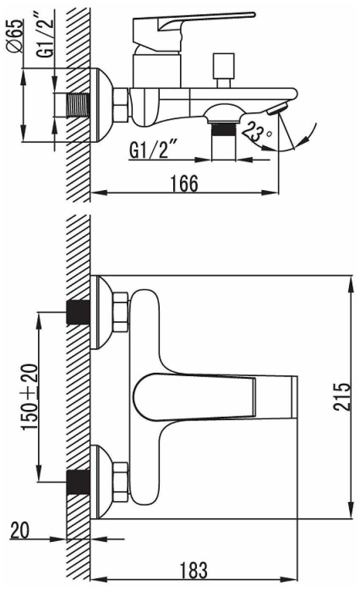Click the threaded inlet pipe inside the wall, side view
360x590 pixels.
[x=78, y=105]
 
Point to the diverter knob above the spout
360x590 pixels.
[x=224, y=70]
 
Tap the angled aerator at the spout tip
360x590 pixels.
[x=278, y=109]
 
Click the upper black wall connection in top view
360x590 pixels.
[x=78, y=312]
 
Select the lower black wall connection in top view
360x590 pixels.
[x=78, y=482]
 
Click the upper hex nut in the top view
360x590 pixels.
[x=121, y=312]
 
